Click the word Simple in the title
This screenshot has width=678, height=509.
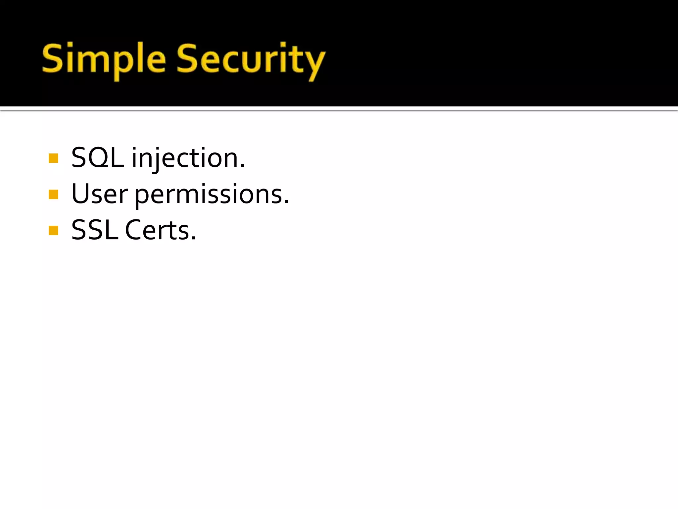(x=104, y=60)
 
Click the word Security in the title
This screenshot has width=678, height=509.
(x=251, y=60)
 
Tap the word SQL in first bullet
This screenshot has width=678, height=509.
(x=97, y=158)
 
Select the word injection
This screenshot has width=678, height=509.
(x=185, y=158)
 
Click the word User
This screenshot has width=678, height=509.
(x=99, y=194)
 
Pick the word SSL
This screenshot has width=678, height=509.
(x=95, y=230)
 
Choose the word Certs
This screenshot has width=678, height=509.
(x=157, y=230)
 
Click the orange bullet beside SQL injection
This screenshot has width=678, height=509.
(x=53, y=158)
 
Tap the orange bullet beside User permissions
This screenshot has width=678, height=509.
(x=53, y=194)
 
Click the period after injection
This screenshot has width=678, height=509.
(x=243, y=166)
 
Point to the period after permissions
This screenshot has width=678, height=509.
(x=286, y=202)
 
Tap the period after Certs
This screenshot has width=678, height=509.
(x=194, y=238)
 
